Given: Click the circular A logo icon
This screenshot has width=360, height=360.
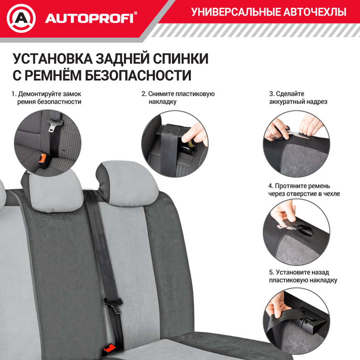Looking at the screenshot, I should (21, 18).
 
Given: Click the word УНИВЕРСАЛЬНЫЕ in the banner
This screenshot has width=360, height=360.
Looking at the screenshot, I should (234, 12).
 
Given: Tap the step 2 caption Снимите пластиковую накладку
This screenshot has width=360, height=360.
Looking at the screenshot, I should (178, 98).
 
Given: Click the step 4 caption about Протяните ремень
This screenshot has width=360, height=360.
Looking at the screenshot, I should (304, 190).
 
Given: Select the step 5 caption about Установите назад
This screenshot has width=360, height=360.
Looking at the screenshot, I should (303, 276).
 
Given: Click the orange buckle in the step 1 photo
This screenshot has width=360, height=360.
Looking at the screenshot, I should (43, 159).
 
